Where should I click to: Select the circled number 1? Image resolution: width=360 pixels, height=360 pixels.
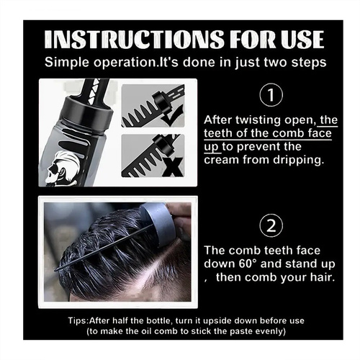pyautogui.click(x=271, y=94)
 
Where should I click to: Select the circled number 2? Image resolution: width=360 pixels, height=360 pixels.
pyautogui.click(x=271, y=225)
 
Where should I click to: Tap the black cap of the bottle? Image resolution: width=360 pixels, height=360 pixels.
pyautogui.click(x=88, y=109)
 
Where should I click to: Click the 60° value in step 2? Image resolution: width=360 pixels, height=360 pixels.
pyautogui.click(x=248, y=264)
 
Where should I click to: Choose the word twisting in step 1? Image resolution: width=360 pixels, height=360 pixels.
pyautogui.click(x=258, y=120)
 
